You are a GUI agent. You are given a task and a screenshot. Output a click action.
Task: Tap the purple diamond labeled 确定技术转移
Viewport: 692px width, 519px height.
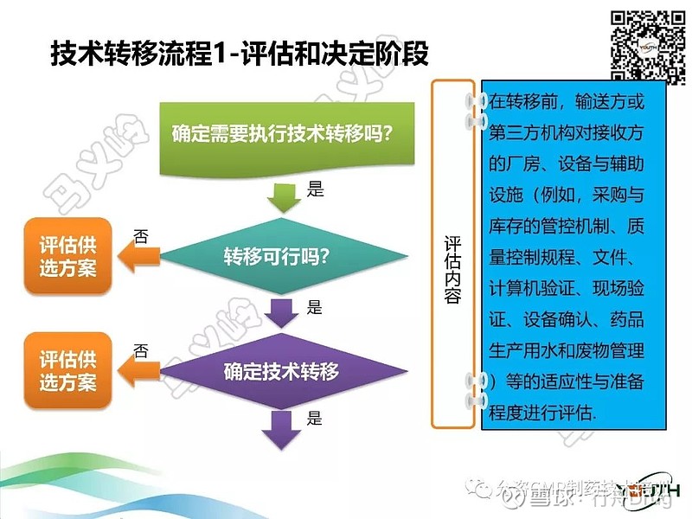(x=282, y=373)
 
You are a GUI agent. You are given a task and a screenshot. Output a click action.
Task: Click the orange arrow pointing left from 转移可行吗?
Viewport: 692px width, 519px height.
(x=139, y=256)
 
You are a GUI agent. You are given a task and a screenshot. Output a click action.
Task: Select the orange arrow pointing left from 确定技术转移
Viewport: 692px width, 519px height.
(x=139, y=373)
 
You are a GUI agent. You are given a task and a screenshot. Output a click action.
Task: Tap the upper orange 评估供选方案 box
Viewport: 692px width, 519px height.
(x=68, y=256)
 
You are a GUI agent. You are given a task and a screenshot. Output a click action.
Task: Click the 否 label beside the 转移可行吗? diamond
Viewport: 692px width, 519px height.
(x=141, y=234)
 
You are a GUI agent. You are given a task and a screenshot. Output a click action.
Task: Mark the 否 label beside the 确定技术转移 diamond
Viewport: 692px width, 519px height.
(x=141, y=351)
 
